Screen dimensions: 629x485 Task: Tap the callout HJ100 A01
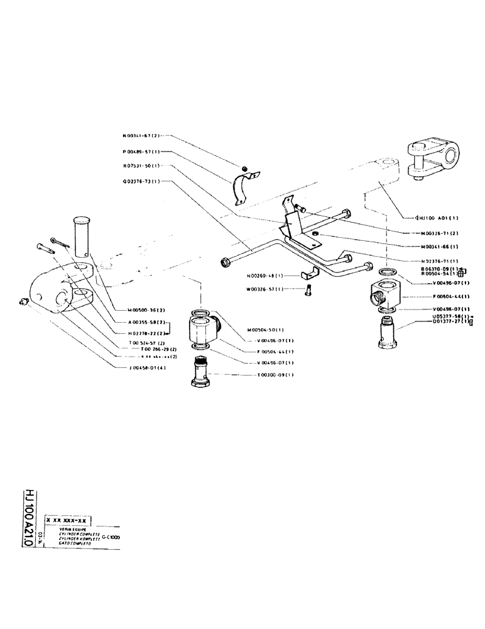[x=439, y=218]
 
